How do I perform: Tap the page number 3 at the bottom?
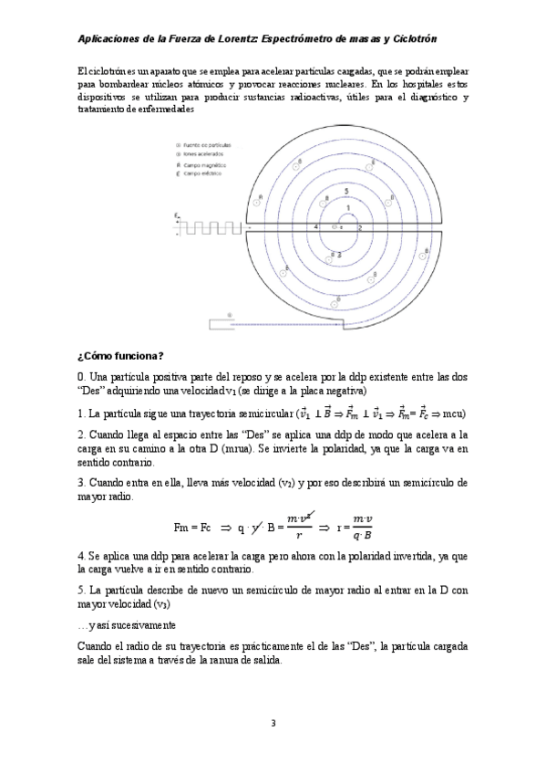pyautogui.click(x=273, y=724)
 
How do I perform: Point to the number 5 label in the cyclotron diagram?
pyautogui.click(x=346, y=191)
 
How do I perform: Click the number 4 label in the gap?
pyautogui.click(x=315, y=226)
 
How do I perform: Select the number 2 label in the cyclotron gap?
pyautogui.click(x=360, y=227)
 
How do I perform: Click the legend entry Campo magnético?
pyautogui.click(x=206, y=164)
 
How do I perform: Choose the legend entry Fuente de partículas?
pyautogui.click(x=207, y=145)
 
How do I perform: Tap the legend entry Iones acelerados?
pyautogui.click(x=204, y=154)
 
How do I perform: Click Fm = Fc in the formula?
pyautogui.click(x=191, y=527)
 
